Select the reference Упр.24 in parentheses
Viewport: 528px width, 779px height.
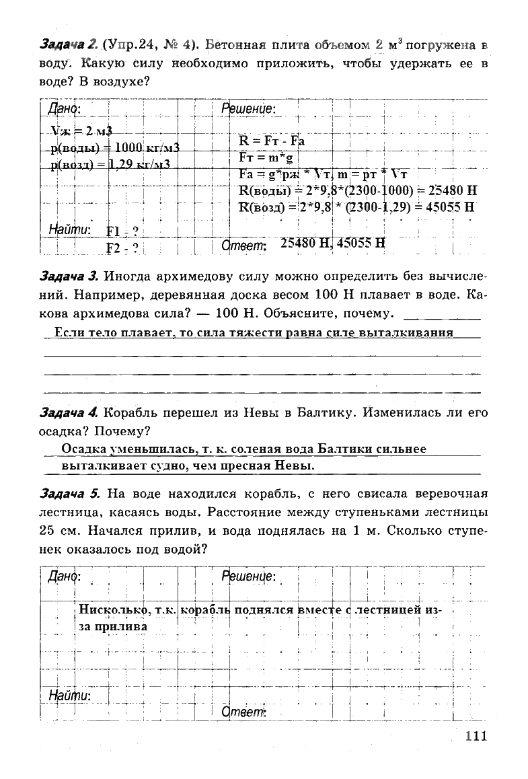click(132, 46)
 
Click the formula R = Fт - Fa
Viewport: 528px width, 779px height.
click(272, 141)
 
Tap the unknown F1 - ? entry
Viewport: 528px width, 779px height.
click(122, 231)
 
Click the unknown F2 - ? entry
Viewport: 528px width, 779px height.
click(122, 248)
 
